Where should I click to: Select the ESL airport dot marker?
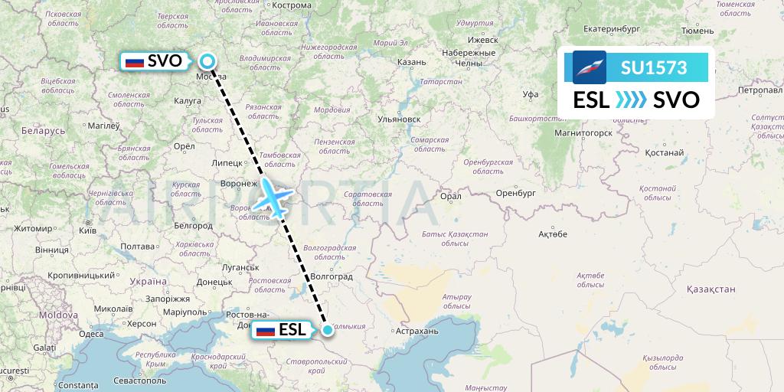click(x=328, y=330)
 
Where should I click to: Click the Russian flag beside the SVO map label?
click(x=135, y=61)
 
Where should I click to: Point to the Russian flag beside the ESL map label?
click(x=266, y=331)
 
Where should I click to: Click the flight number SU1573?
click(x=654, y=68)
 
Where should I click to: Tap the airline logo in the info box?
click(x=590, y=67)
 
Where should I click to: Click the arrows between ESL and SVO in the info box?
click(x=631, y=100)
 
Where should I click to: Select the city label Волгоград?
click(x=332, y=276)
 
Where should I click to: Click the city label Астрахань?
click(x=416, y=332)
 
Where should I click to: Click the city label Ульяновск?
click(x=400, y=119)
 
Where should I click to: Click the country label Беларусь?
click(x=38, y=130)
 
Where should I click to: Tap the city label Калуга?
click(x=188, y=100)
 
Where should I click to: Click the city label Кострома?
click(x=293, y=5)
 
